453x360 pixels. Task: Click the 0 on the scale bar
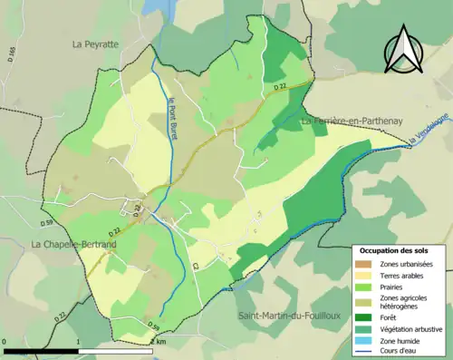tap(5, 342)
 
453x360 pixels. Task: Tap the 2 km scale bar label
tap(159, 342)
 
